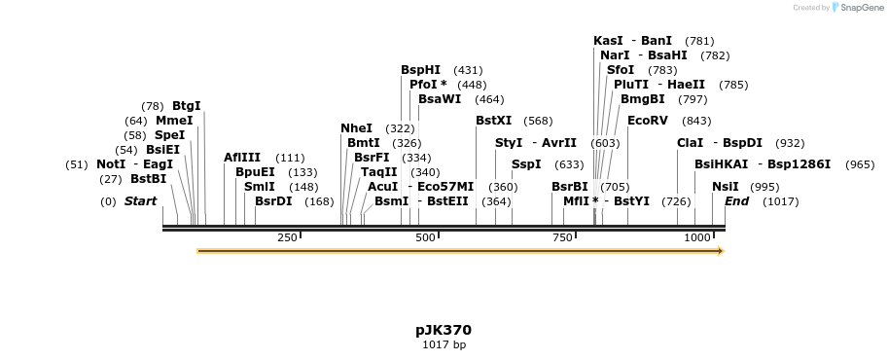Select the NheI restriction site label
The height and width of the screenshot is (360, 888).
point(356,128)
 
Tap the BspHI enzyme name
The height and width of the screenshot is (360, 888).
point(420,70)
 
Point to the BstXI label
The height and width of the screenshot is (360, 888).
point(493,121)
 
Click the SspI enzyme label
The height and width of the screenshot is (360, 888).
point(526,164)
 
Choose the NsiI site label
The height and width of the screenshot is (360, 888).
point(725,187)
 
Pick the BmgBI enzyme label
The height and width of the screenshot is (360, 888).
point(642,99)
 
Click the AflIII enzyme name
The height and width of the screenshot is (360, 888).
point(242,158)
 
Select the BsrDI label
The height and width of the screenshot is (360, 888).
point(273,201)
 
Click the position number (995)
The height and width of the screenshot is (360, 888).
point(764,187)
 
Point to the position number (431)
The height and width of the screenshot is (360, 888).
point(468,71)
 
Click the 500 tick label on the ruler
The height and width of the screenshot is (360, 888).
point(425,238)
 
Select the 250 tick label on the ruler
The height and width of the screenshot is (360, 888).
point(287,238)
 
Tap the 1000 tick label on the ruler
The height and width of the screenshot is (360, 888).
point(697,238)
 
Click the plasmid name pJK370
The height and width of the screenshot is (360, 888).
point(444,330)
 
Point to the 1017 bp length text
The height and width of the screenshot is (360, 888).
point(444,345)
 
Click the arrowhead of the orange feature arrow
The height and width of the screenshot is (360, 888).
point(721,251)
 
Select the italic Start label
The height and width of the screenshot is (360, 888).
point(140,201)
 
